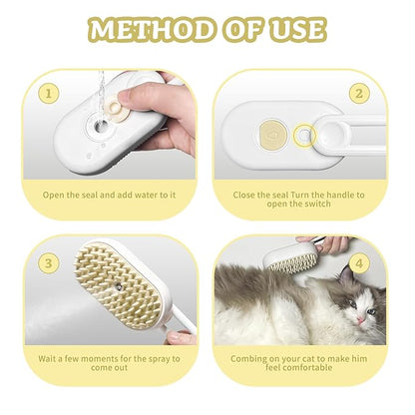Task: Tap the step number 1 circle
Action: pos(45,95)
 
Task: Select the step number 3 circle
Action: pos(45,262)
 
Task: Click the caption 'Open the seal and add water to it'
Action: pos(109,194)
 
